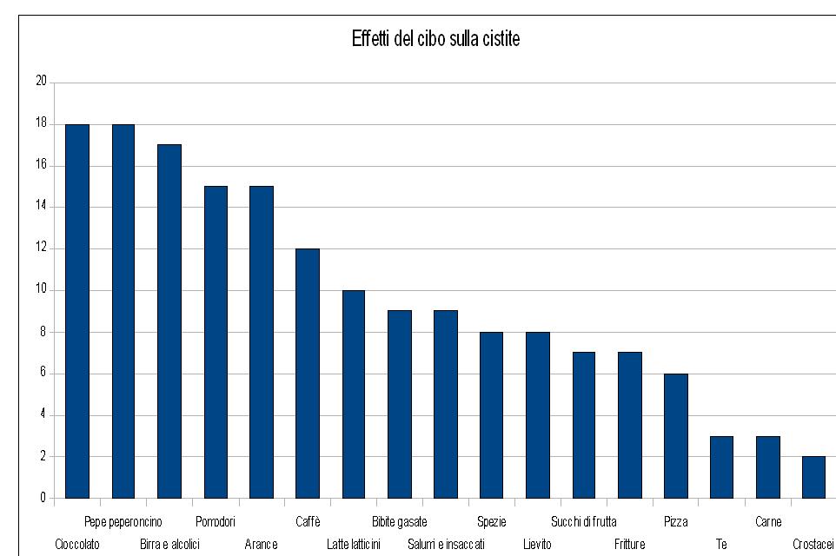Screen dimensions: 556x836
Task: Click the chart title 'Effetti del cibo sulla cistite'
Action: tap(435, 39)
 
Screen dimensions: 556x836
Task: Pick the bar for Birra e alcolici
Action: tap(169, 321)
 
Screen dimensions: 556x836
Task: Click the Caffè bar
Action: tap(307, 374)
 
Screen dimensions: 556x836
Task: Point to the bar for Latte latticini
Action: tap(353, 394)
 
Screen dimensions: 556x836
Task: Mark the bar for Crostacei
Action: tap(813, 477)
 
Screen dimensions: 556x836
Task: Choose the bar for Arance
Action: tap(261, 342)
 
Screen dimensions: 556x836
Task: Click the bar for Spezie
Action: tap(491, 415)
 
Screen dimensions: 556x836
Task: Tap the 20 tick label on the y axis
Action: tap(40, 83)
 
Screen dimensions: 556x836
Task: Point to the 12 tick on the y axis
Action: tap(40, 248)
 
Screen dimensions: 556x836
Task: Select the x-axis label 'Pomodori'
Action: tap(216, 522)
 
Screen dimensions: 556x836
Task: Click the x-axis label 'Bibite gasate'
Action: tap(399, 522)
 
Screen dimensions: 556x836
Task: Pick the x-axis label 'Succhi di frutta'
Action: tap(583, 522)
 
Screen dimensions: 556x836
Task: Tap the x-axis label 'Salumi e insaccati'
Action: tap(446, 545)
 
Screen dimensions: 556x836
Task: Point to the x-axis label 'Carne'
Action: tap(767, 522)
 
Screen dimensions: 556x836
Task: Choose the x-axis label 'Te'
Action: tap(721, 545)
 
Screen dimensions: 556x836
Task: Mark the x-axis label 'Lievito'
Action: tap(537, 545)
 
